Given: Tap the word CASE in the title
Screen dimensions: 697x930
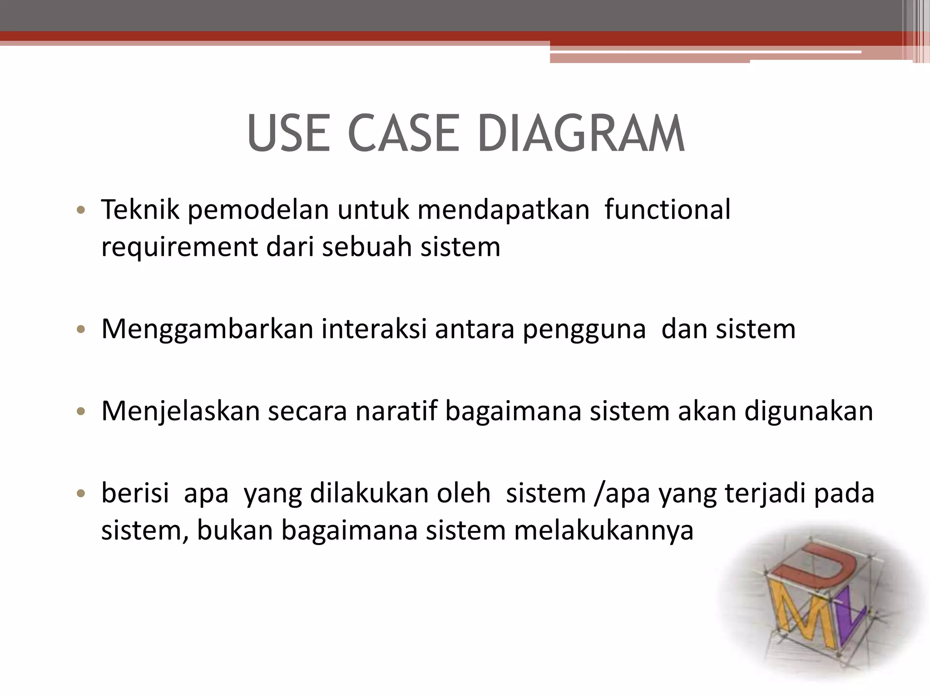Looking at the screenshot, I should (x=404, y=134).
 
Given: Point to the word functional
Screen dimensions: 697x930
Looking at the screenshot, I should (x=667, y=210).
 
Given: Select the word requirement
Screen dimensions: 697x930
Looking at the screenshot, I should (x=179, y=247).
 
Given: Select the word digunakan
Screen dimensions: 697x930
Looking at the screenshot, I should (x=808, y=412).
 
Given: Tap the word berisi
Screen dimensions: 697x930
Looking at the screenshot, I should (x=135, y=493).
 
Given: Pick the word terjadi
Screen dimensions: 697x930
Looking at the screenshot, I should (x=765, y=494).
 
